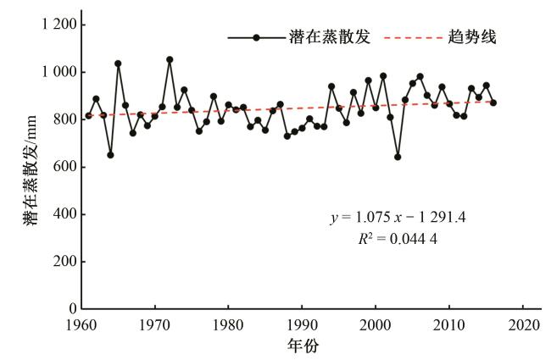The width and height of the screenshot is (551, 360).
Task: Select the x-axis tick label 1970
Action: (x=154, y=325)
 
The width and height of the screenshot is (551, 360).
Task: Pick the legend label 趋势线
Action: (x=472, y=37)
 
